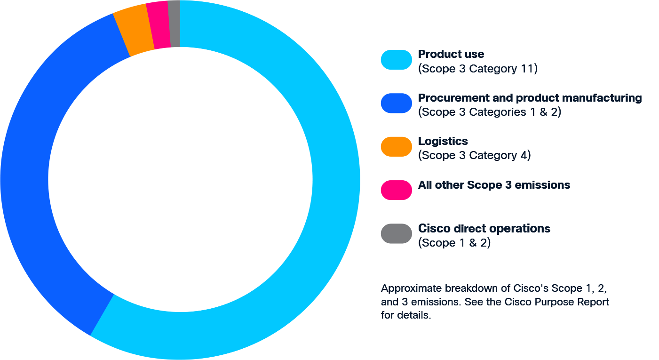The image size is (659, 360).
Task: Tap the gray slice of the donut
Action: click(x=175, y=24)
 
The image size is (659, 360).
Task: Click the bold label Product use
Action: click(x=451, y=54)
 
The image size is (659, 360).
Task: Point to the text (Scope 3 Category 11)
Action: click(x=477, y=69)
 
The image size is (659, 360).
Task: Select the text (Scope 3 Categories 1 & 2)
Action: click(x=489, y=112)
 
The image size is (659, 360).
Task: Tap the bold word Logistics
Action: click(x=443, y=141)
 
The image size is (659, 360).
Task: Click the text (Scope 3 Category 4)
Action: click(x=474, y=155)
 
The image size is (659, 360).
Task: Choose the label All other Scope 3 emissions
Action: click(x=494, y=185)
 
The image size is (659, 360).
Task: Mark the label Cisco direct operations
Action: click(x=484, y=229)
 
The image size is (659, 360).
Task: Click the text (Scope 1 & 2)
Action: click(x=454, y=243)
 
